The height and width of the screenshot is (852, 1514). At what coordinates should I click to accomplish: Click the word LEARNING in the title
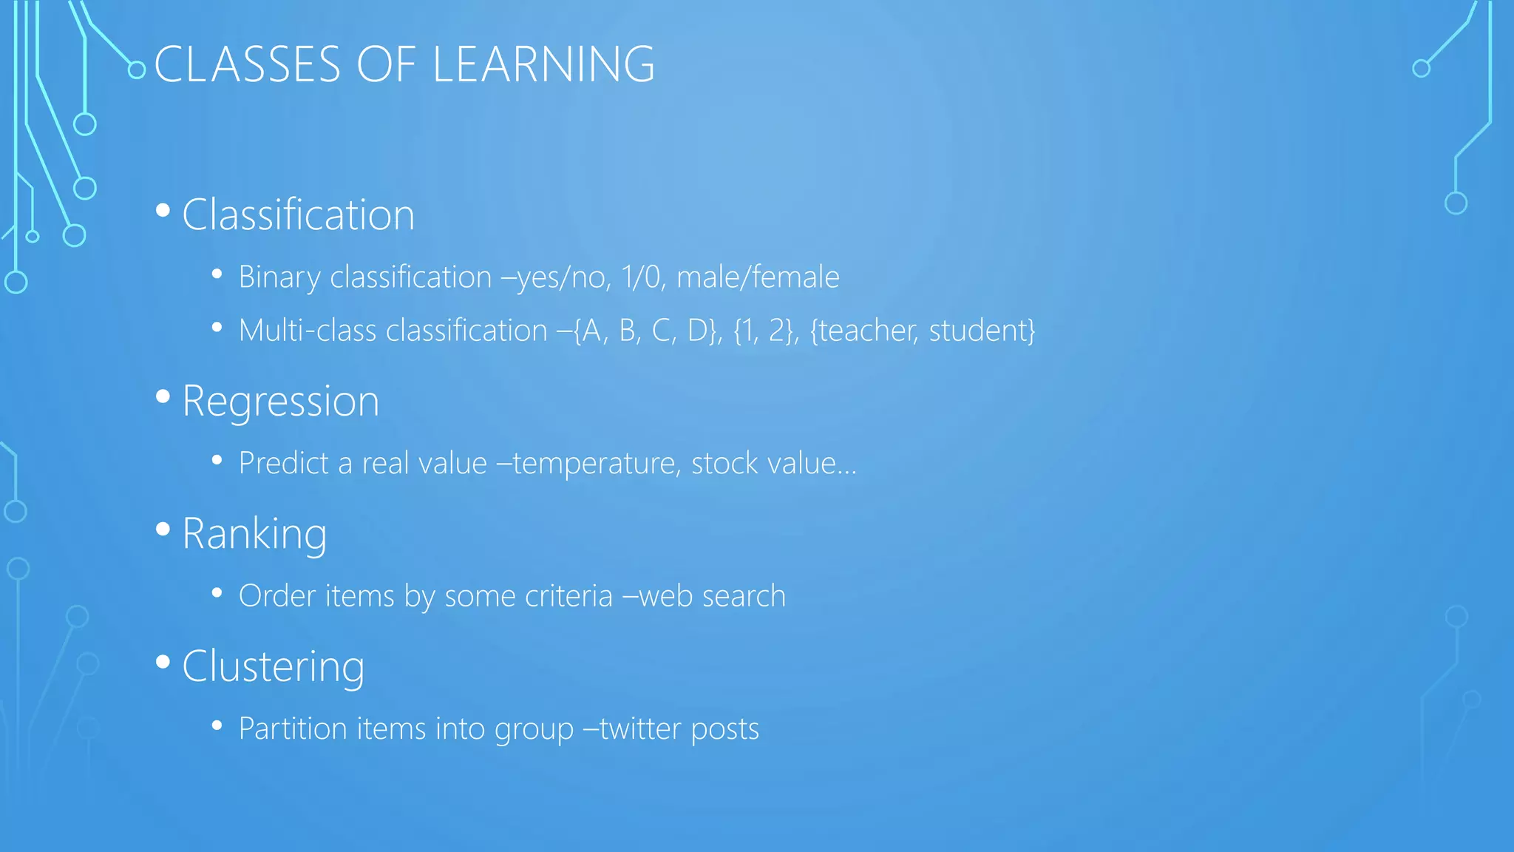543,64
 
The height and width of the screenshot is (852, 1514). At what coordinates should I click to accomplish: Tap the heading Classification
298,215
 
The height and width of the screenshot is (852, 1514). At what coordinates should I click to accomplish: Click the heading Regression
280,402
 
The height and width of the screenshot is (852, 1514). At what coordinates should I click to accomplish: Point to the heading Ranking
254,534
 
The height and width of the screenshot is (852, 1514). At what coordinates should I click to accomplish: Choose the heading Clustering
273,667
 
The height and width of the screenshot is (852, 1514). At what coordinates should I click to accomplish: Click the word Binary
279,278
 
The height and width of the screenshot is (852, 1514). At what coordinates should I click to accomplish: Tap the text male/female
758,277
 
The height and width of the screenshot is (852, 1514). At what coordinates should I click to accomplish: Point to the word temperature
597,464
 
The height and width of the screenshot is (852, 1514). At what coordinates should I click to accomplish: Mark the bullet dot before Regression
163,397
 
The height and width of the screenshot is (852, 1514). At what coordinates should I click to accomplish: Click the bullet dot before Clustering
163,662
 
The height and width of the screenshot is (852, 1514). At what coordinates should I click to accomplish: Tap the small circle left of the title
137,70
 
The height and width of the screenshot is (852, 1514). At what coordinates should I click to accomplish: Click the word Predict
283,464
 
